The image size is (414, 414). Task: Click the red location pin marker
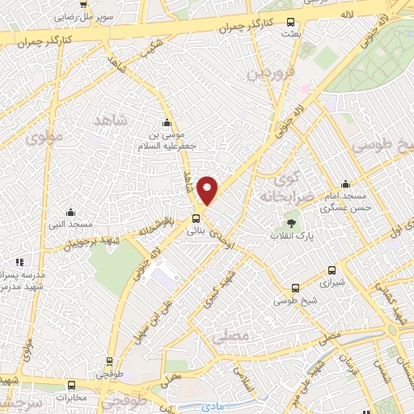tap(208, 190)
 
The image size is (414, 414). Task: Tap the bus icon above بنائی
tap(196, 218)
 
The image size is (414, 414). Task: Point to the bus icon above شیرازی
tap(331, 271)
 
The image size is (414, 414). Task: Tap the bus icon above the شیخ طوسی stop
tap(295, 287)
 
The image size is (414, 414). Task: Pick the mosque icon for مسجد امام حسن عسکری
tap(345, 184)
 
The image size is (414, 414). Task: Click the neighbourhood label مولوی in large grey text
tap(44, 138)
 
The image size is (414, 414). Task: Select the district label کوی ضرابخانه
tap(279, 187)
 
